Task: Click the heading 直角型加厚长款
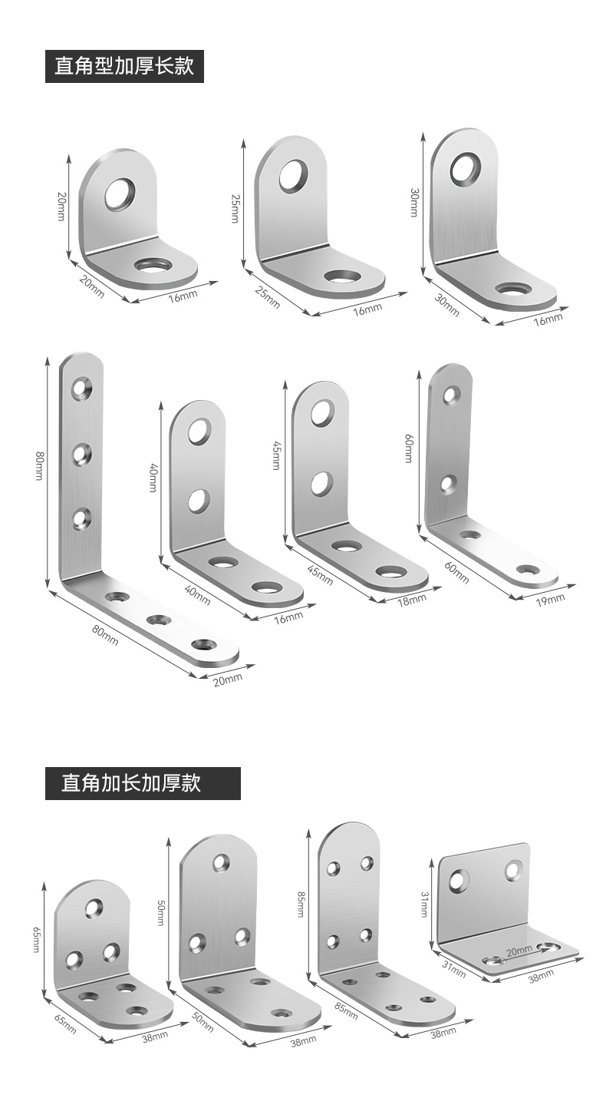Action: [x=124, y=65]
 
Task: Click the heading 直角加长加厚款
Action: [x=131, y=783]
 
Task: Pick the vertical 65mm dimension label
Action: [x=36, y=940]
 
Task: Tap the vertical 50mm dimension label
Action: [x=160, y=913]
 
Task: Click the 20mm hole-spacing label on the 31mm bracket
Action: [x=519, y=951]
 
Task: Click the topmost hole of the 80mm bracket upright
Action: [x=82, y=387]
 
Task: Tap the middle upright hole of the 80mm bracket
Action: [x=82, y=454]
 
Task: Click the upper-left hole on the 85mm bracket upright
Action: [x=334, y=868]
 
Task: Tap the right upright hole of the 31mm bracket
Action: [x=513, y=871]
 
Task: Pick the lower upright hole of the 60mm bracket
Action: [x=449, y=484]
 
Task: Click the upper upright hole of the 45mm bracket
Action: [x=321, y=412]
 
